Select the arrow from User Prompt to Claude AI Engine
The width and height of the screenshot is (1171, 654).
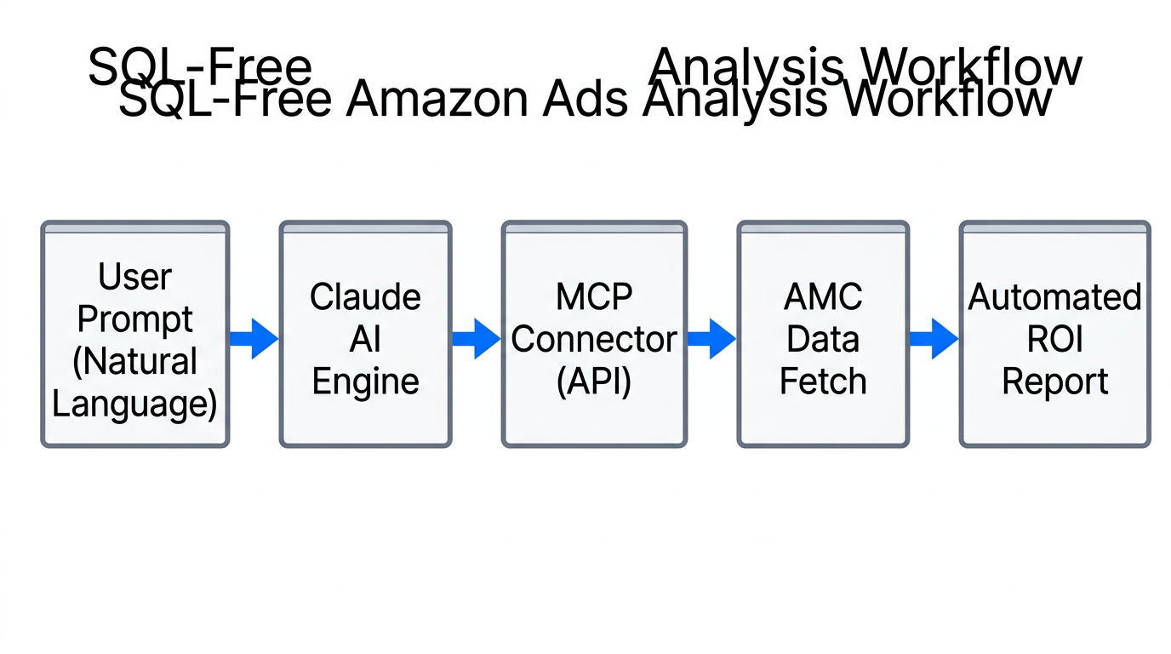point(254,338)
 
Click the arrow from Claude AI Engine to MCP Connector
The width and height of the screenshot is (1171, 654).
point(476,338)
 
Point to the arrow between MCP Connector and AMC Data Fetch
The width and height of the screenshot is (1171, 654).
point(711,338)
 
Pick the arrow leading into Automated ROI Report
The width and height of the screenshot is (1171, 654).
point(934,338)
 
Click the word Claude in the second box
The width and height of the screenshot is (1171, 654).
point(365,297)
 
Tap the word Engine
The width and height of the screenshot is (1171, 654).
point(365,381)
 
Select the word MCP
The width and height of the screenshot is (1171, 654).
point(594,297)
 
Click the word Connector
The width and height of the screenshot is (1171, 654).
point(594,339)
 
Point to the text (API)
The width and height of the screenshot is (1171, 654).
point(594,381)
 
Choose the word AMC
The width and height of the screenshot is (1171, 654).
point(823,297)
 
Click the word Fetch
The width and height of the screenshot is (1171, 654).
point(823,381)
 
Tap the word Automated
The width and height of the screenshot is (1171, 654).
point(1054,297)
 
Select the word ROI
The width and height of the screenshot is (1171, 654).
point(1054,339)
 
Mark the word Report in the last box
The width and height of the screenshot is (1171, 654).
point(1054,381)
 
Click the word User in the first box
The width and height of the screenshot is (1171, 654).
point(134,277)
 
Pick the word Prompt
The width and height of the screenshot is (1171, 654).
point(134,318)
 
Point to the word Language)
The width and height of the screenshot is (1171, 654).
point(134,403)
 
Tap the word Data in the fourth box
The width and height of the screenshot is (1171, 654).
point(823,339)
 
